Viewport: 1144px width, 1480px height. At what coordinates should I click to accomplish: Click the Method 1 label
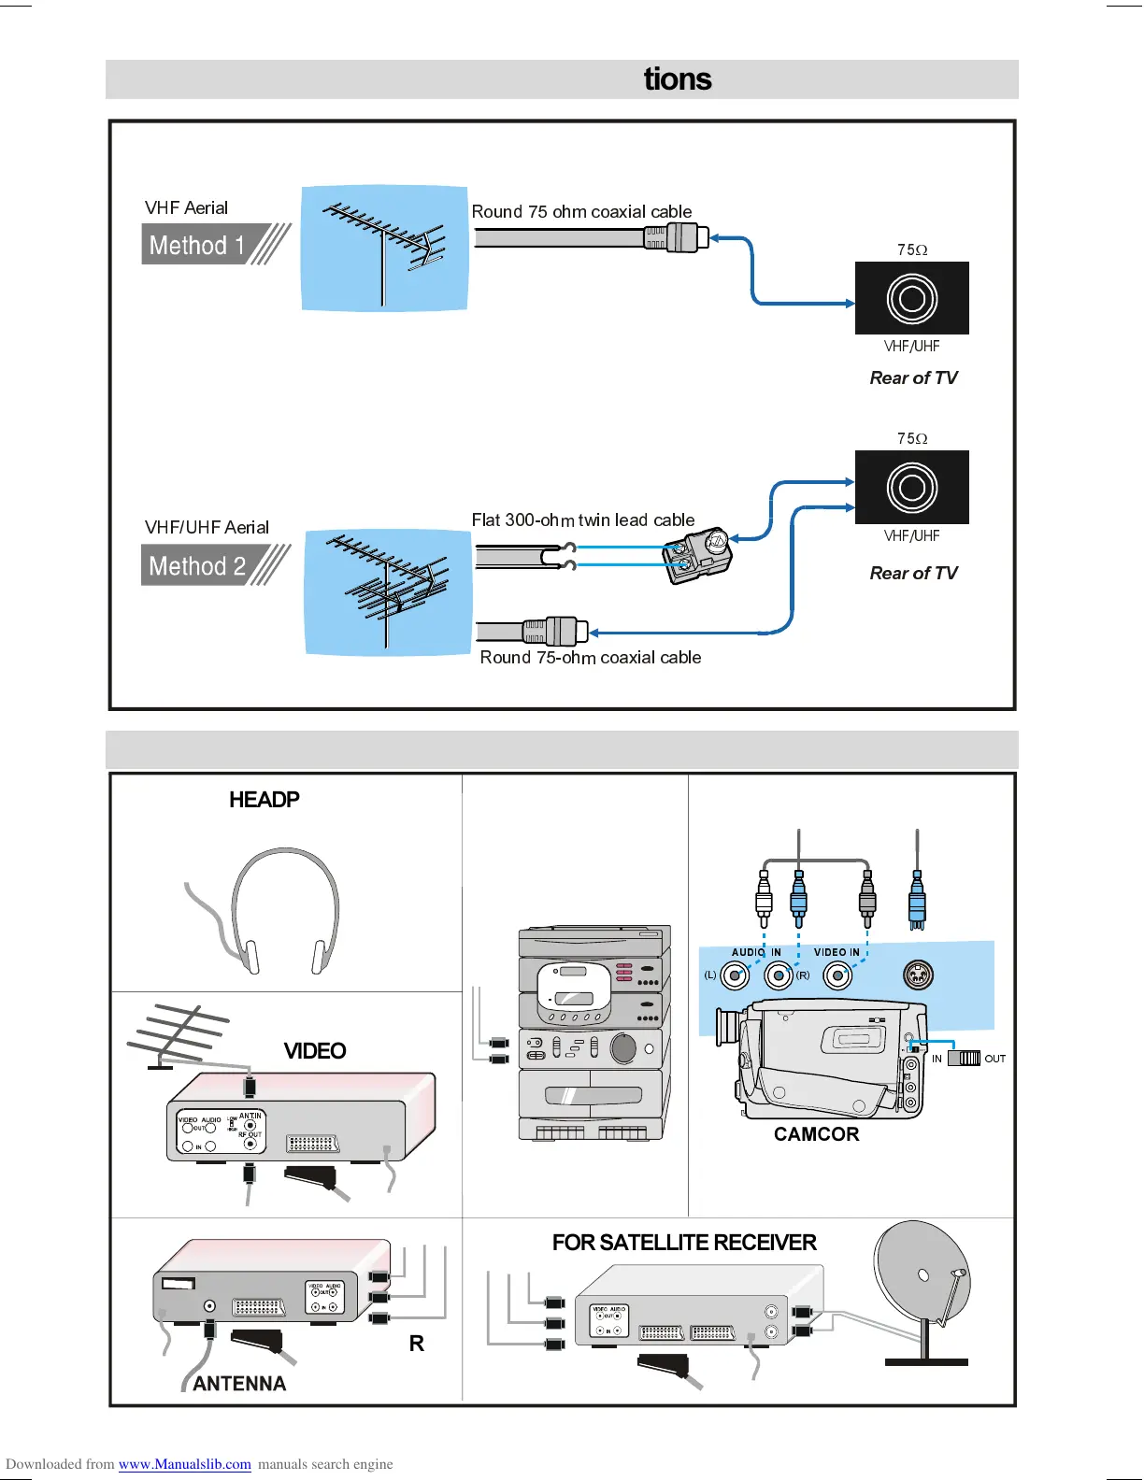197,245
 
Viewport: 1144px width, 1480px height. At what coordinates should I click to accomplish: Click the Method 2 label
197,566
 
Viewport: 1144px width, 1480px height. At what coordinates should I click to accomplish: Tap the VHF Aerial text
186,207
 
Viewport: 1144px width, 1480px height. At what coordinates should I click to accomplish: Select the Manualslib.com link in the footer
184,1464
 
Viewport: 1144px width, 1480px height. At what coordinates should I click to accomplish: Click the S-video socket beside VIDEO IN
918,975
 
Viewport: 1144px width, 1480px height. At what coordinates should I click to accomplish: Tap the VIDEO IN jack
837,975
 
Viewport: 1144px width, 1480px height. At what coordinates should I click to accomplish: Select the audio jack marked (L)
736,975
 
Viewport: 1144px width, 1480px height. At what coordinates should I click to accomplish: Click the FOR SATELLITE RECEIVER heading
684,1243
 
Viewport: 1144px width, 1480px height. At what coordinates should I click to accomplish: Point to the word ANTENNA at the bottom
239,1384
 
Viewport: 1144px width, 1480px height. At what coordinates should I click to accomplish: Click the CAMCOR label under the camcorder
816,1134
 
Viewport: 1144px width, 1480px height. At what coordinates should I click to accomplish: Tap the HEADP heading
265,800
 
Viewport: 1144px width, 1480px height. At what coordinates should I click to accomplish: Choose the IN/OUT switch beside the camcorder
964,1059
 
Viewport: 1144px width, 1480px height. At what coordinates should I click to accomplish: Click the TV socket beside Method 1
911,299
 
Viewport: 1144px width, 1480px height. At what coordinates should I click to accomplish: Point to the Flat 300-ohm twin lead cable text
582,520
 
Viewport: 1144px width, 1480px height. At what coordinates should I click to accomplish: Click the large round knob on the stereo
623,1048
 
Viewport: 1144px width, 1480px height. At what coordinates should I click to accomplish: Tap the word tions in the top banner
678,79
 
